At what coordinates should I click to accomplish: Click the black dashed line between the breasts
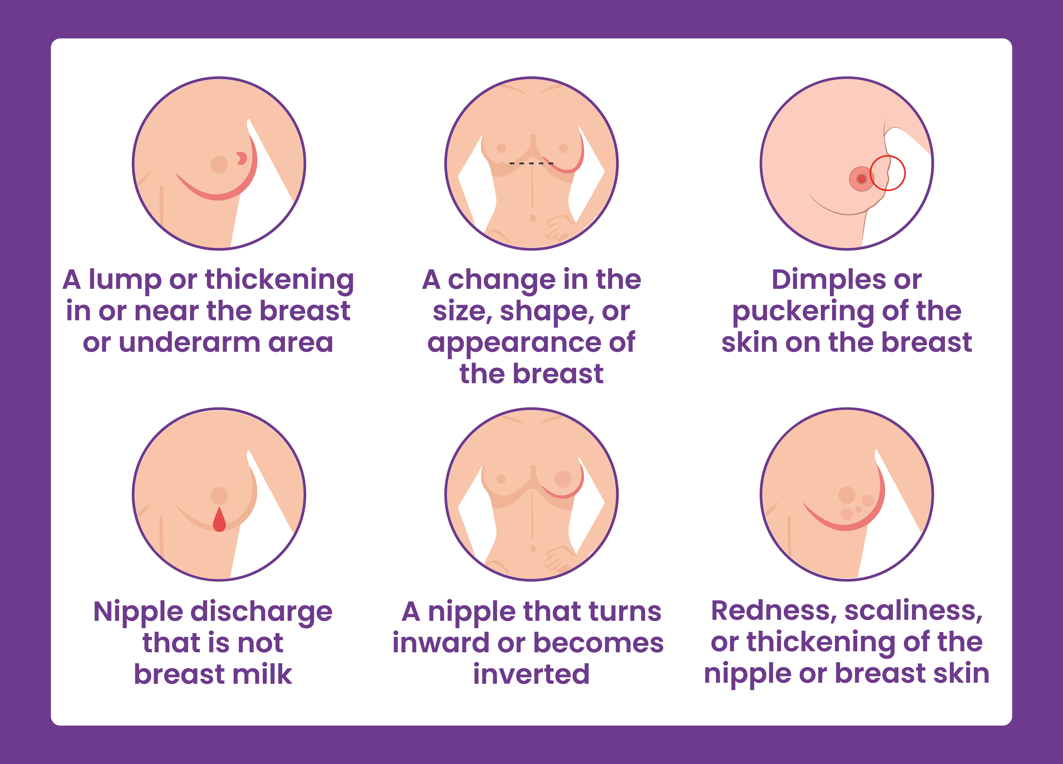(x=531, y=163)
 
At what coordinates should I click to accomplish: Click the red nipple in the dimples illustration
(x=861, y=179)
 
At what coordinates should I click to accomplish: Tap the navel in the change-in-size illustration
(x=532, y=218)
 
